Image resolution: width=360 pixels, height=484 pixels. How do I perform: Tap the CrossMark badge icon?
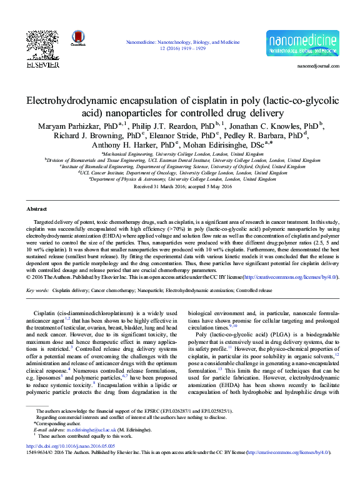coord(78,38)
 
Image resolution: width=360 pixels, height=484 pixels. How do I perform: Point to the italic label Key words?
coord(37,291)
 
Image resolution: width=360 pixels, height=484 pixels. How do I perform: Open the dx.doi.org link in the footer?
coord(62,446)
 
